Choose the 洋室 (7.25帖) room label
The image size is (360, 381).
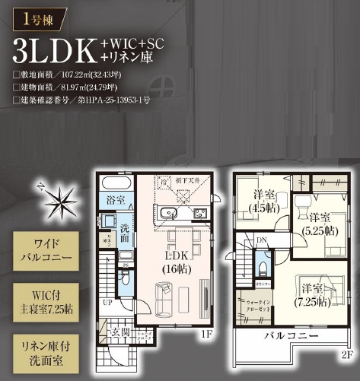tap(314, 296)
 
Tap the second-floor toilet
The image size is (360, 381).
tap(263, 267)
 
